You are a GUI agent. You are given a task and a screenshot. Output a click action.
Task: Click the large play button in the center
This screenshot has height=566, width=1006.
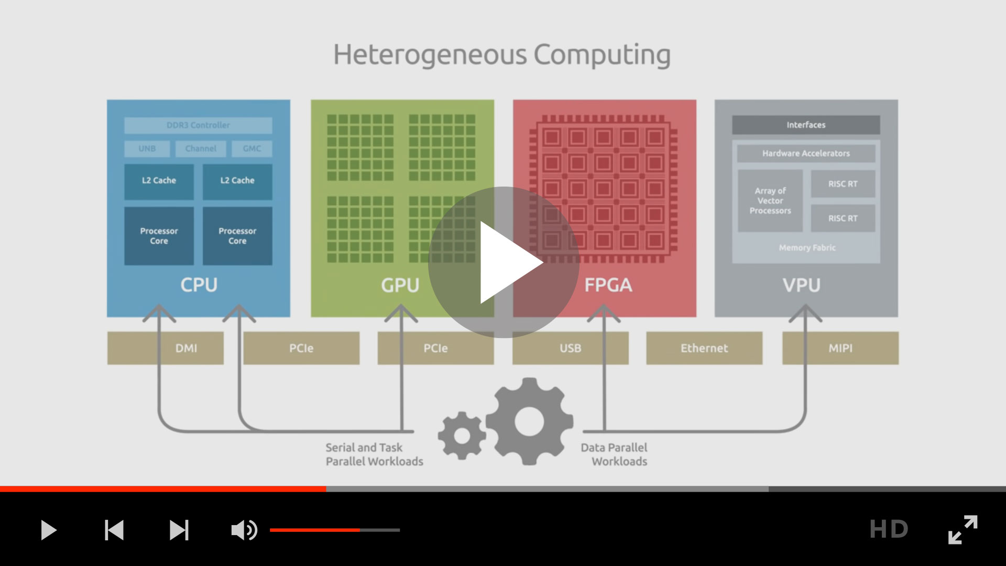click(x=504, y=262)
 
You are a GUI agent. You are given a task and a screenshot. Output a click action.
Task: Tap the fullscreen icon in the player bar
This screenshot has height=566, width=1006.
click(x=963, y=529)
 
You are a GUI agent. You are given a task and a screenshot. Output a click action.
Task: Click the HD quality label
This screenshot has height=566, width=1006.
click(x=889, y=529)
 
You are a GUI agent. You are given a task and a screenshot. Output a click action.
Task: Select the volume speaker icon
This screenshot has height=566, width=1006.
click(x=244, y=530)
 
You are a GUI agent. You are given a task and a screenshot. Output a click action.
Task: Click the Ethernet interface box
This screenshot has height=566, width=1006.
click(x=704, y=348)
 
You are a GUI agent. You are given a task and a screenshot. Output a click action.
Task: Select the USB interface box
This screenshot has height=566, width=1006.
click(x=570, y=348)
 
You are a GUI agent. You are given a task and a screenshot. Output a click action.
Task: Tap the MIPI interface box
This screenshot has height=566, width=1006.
click(x=840, y=348)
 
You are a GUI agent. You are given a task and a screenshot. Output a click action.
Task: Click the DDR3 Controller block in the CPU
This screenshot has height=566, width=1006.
click(x=198, y=125)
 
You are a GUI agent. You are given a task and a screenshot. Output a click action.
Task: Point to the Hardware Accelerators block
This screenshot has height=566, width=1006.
click(x=806, y=154)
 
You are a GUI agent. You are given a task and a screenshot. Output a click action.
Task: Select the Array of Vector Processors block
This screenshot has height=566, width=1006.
click(x=770, y=201)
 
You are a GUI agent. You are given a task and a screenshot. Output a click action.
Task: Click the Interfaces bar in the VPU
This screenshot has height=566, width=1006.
click(x=806, y=125)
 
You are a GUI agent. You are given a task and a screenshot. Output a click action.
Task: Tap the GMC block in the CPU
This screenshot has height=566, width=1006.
click(x=251, y=149)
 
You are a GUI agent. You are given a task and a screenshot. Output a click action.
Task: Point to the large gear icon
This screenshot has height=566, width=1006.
click(x=529, y=421)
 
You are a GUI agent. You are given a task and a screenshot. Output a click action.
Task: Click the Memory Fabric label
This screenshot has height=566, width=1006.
click(x=807, y=248)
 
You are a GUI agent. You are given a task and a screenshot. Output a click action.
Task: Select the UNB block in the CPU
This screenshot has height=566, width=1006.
click(x=147, y=149)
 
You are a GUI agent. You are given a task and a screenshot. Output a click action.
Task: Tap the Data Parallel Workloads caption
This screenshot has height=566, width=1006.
click(x=614, y=454)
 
